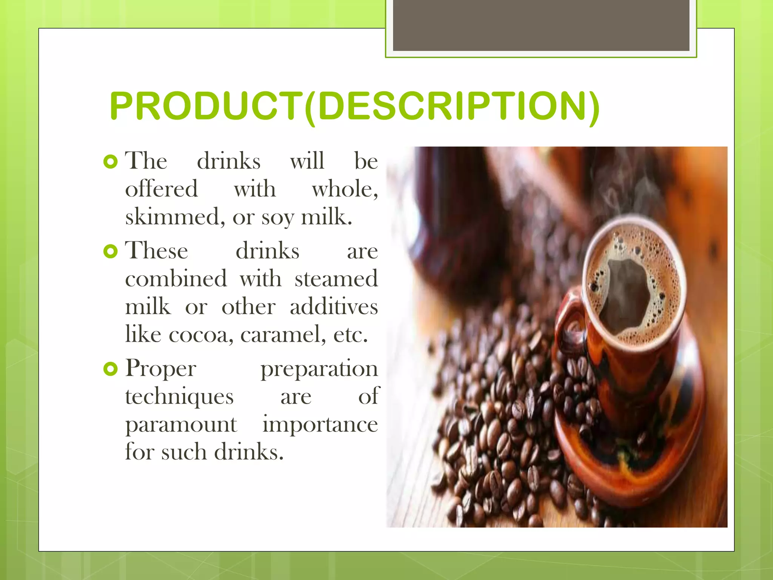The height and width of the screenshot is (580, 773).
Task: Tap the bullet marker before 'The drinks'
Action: click(x=110, y=162)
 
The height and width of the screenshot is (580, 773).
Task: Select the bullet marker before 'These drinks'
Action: click(x=110, y=251)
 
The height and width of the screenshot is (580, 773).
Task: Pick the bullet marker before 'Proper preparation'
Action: click(x=110, y=369)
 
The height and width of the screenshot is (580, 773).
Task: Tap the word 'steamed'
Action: click(x=336, y=279)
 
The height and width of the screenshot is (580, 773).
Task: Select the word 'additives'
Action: click(x=334, y=307)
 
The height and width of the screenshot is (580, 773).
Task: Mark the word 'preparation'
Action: click(x=319, y=369)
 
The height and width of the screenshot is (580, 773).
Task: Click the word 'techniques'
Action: click(x=179, y=397)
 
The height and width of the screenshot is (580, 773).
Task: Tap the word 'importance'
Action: click(x=320, y=425)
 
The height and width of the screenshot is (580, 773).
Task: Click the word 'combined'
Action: click(x=176, y=279)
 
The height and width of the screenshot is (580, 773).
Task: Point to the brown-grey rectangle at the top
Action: click(x=541, y=26)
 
